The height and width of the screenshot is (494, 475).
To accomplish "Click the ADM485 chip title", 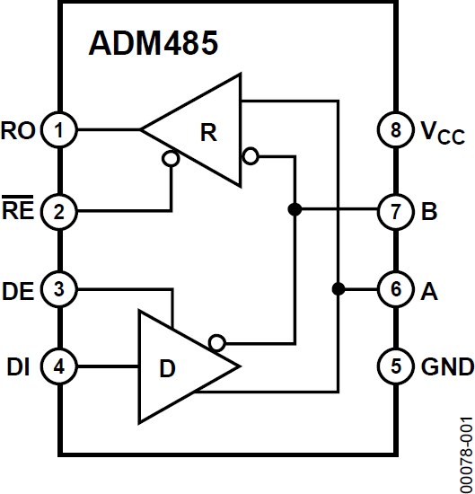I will click(153, 44).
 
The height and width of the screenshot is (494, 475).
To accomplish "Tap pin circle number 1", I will click(59, 131).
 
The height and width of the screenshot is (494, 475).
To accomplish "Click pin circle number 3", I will click(59, 289).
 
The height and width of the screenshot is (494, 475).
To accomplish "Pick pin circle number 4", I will click(59, 366).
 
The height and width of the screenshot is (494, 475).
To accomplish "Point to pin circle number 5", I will click(395, 366).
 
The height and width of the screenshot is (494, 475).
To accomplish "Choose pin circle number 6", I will click(395, 289).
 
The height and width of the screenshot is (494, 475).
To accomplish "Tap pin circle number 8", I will click(395, 131).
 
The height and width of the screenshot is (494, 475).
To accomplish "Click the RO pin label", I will click(19, 131).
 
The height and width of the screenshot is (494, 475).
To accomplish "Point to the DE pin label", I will click(19, 289).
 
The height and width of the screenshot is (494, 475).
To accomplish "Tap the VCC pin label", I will click(443, 133).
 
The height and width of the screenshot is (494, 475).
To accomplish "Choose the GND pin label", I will click(446, 366).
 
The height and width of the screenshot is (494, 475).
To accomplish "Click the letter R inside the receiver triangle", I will click(208, 132).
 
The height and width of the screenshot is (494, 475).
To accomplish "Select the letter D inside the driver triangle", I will click(168, 368).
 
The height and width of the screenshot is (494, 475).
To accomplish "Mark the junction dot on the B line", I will click(294, 209).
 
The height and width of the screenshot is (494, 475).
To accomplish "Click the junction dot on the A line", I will click(338, 289).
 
